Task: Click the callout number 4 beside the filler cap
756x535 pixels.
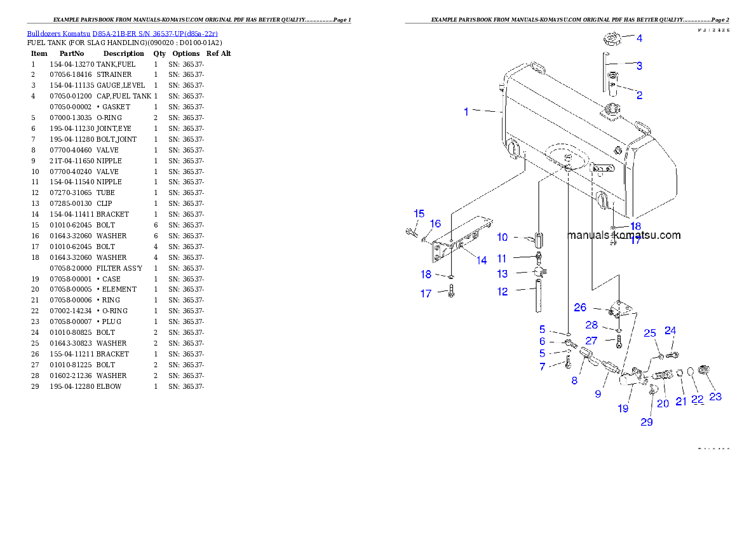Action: coord(639,38)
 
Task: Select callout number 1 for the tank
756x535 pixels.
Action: coord(466,112)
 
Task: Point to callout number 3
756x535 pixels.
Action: coord(639,65)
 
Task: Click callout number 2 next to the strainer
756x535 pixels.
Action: coord(639,95)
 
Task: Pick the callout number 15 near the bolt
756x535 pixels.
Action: coord(419,213)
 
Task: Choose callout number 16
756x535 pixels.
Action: coord(435,224)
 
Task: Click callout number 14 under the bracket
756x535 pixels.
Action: coord(482,261)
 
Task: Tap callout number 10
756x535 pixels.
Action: coord(502,238)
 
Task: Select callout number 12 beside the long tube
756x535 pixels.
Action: coord(503,292)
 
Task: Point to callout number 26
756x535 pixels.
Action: coord(580,308)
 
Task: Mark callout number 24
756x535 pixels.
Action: coord(670,330)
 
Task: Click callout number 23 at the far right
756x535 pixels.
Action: coord(715,397)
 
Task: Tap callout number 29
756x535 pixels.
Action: coord(646,422)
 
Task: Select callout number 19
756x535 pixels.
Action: coord(623,409)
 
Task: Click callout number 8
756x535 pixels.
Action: coord(574,381)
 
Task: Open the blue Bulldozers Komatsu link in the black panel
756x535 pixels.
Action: coord(122,33)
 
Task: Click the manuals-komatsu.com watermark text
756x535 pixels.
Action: coord(623,235)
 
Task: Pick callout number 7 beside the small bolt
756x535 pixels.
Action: coord(542,367)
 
